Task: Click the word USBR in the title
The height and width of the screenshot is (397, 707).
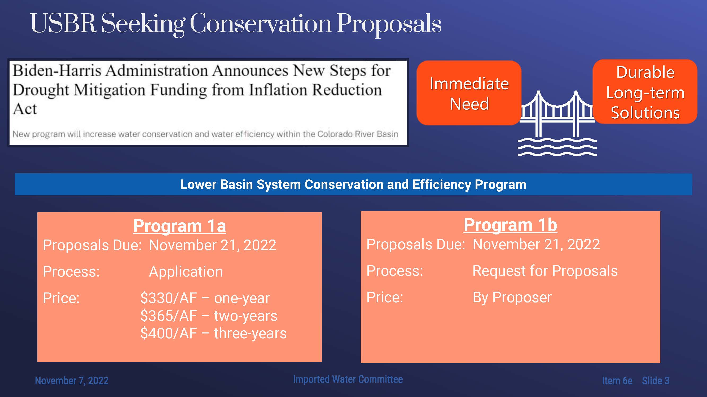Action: tap(63, 23)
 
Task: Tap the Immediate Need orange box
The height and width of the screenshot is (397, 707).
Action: tap(469, 93)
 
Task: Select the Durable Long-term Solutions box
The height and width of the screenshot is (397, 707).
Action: tap(645, 92)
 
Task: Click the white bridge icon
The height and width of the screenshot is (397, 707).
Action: tap(557, 123)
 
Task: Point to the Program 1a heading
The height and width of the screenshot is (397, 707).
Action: tap(179, 226)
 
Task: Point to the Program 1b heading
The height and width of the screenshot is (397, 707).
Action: tap(511, 225)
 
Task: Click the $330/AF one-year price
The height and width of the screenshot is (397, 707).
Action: tap(205, 298)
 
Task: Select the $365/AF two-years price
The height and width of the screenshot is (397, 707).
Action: tap(209, 316)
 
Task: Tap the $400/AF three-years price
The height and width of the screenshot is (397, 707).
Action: tap(213, 333)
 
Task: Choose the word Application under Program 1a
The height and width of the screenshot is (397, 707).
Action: tap(186, 272)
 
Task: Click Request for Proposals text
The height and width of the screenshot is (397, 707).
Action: tap(545, 271)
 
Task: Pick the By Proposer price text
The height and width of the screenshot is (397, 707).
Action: tap(512, 297)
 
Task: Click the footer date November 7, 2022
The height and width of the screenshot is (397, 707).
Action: tap(72, 381)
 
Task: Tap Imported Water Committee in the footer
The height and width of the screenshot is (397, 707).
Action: tap(348, 379)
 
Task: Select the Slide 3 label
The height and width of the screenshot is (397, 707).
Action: tap(655, 381)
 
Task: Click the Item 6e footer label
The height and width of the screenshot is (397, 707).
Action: tap(617, 381)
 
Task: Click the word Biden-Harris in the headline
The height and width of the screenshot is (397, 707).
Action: tap(57, 71)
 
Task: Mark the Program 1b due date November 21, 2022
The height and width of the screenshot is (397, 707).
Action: tap(536, 244)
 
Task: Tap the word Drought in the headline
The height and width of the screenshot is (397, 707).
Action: tap(41, 90)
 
